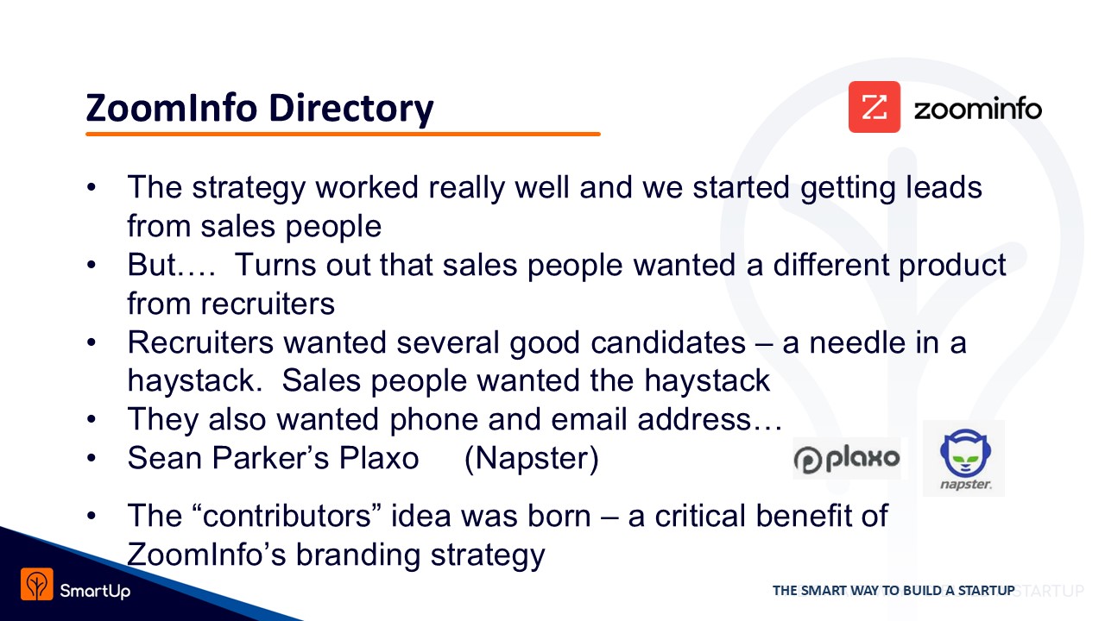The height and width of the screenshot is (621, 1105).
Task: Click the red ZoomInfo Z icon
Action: [875, 107]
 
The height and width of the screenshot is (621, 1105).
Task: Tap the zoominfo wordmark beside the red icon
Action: [978, 109]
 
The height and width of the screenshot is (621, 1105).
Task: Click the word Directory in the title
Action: [351, 109]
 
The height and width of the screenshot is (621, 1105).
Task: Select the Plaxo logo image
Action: [847, 458]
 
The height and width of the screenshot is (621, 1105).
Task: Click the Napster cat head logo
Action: [965, 453]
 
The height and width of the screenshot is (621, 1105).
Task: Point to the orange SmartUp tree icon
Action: [36, 584]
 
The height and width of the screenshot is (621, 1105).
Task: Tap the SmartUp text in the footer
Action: [95, 591]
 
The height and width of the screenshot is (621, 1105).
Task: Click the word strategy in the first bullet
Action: [249, 189]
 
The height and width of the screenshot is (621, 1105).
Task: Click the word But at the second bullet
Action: [152, 265]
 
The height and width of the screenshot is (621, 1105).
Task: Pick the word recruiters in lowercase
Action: [268, 304]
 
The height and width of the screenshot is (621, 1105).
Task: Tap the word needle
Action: [857, 342]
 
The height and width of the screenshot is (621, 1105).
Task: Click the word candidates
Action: [668, 342]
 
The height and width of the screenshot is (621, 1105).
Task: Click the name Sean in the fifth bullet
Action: [165, 458]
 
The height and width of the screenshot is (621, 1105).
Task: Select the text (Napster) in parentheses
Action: [532, 459]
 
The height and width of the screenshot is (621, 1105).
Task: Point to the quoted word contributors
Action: [287, 516]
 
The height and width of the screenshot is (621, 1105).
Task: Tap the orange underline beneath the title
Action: [343, 134]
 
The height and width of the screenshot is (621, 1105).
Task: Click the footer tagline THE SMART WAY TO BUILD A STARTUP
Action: [893, 591]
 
